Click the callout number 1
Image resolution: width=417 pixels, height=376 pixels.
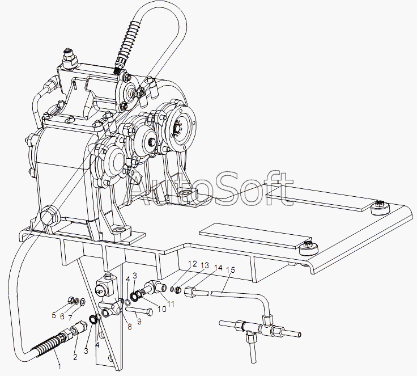59,366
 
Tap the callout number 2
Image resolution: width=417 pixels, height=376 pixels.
75,357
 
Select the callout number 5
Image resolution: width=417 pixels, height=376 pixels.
54,315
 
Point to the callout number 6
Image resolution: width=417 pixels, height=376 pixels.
62,316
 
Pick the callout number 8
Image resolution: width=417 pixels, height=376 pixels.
130,327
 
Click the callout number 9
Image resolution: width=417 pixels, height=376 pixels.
139,322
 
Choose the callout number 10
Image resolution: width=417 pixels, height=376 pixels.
161,309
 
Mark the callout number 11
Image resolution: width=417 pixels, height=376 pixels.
171,303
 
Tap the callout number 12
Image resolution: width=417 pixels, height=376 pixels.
193,264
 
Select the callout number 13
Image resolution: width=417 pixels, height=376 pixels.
205,266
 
